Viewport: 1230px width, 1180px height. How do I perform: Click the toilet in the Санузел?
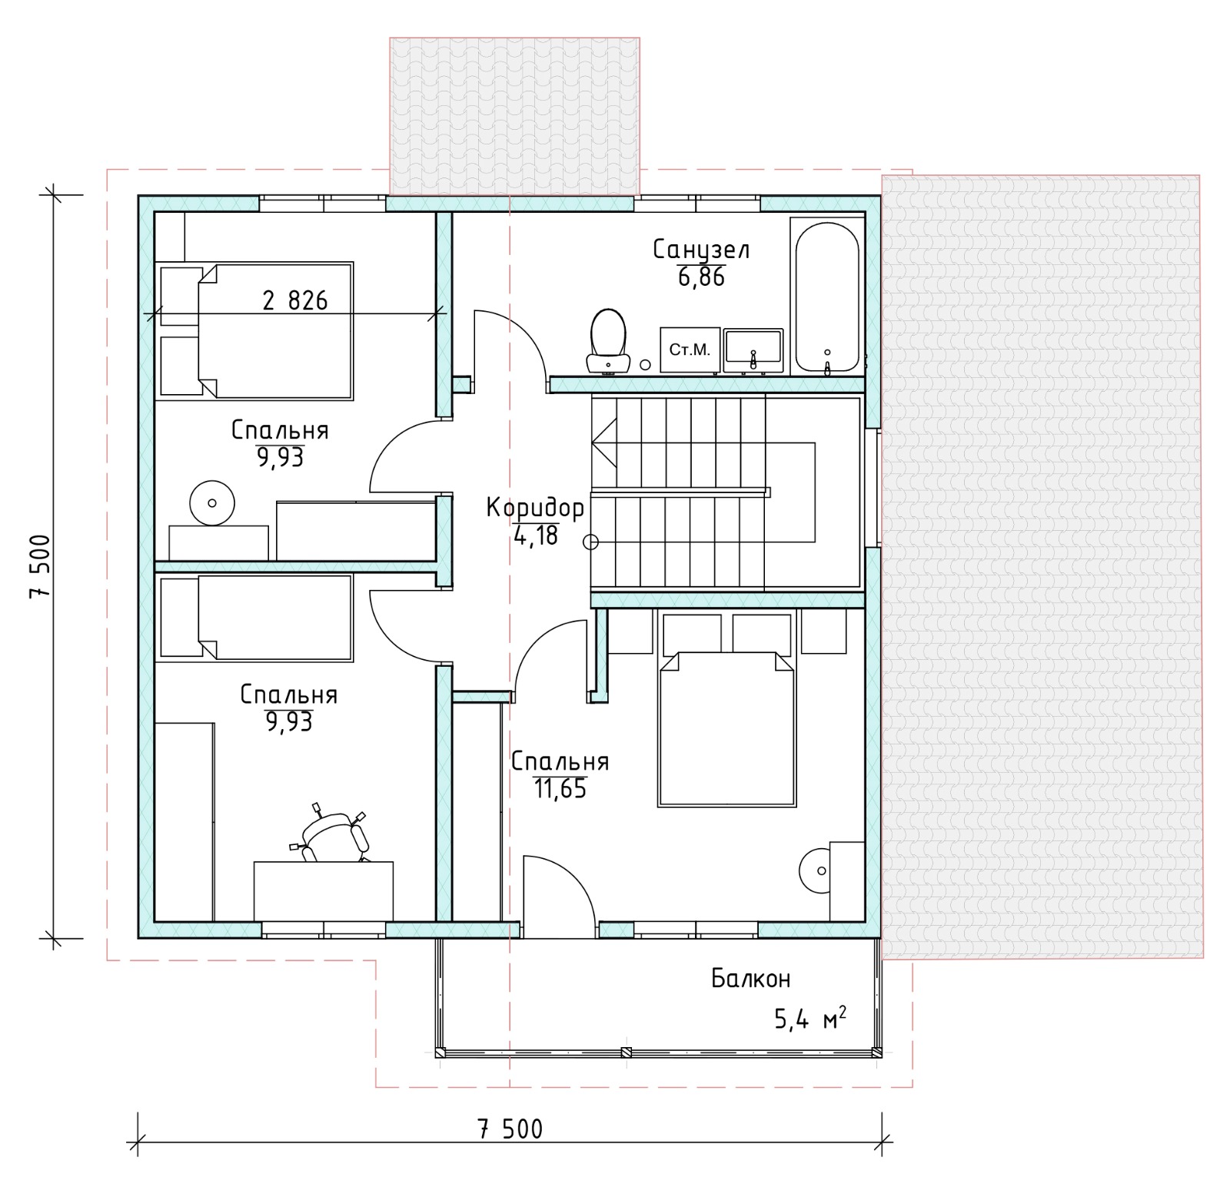pyautogui.click(x=607, y=341)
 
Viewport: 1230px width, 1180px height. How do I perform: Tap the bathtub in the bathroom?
pyautogui.click(x=826, y=297)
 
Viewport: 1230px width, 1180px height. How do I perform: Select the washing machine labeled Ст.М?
pyautogui.click(x=690, y=350)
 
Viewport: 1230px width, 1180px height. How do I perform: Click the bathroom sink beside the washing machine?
pyautogui.click(x=753, y=351)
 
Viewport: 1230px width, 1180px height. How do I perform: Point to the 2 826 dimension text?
pyautogui.click(x=295, y=300)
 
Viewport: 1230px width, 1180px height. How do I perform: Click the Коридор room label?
pyautogui.click(x=535, y=509)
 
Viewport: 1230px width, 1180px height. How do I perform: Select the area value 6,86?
pyautogui.click(x=701, y=277)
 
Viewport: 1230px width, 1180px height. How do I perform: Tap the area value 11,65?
pyautogui.click(x=560, y=788)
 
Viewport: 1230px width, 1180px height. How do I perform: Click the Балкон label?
pyautogui.click(x=750, y=979)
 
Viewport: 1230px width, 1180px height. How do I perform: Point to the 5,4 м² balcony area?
pyautogui.click(x=810, y=1019)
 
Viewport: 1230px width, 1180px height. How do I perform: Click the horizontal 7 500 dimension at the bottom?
pyautogui.click(x=510, y=1129)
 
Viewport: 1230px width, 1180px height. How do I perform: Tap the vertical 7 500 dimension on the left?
pyautogui.click(x=39, y=566)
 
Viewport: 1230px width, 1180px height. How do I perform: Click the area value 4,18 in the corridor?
pyautogui.click(x=536, y=535)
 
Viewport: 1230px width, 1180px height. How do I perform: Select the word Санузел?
pyautogui.click(x=701, y=250)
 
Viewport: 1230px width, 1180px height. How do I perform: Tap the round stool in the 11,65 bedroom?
pyautogui.click(x=822, y=870)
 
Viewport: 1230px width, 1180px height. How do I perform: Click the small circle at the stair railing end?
pyautogui.click(x=590, y=542)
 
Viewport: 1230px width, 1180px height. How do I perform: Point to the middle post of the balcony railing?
pyautogui.click(x=627, y=1052)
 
